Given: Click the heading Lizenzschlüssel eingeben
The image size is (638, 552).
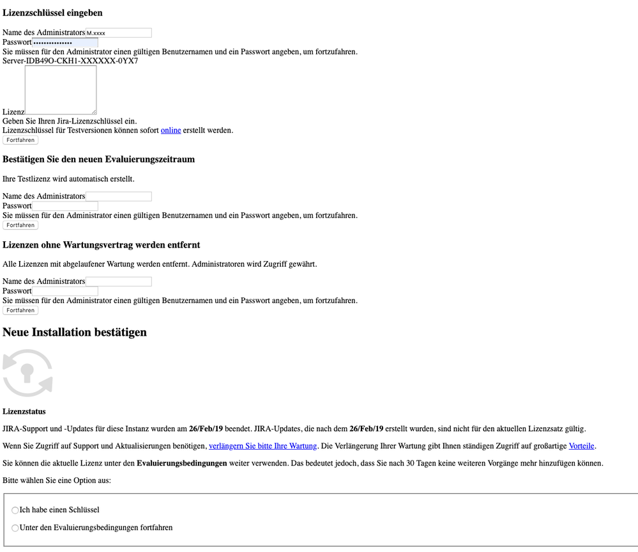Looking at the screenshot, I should [52, 13].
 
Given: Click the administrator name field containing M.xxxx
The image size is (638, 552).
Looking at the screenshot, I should [119, 33].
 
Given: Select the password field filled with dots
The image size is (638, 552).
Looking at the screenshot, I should [65, 42].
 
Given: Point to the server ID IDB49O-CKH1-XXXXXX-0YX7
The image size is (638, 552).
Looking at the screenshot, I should [82, 61].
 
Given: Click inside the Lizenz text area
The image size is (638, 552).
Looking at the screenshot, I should [61, 90].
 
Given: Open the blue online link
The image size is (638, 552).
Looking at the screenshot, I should [171, 130].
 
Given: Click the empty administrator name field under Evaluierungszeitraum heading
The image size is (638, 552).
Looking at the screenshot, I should [119, 196].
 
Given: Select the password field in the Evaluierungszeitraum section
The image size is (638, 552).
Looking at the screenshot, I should [65, 206].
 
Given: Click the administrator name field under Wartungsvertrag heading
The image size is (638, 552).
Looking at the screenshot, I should [119, 281].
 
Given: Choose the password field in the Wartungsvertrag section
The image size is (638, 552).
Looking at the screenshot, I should [65, 291].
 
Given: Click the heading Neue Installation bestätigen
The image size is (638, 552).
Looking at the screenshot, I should [75, 332].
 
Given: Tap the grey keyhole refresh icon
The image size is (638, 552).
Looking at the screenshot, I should [27, 373].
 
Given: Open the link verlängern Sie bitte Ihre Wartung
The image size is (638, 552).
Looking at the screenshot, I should [262, 446].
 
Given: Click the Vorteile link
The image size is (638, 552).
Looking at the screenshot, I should [581, 446].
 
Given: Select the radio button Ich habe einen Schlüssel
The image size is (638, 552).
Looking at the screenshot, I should [15, 510].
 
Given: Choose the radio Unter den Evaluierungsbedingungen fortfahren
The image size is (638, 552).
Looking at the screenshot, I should [15, 528].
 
